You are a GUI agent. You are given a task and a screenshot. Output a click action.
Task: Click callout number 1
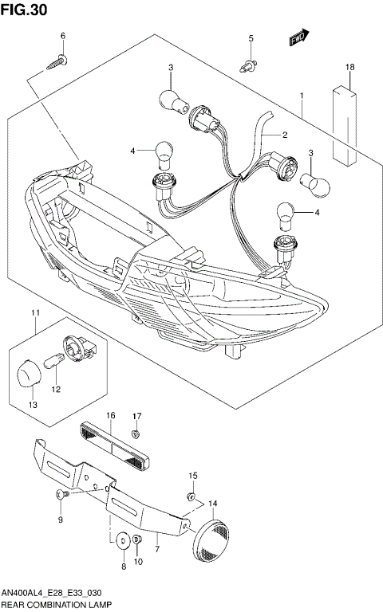pyautogui.click(x=302, y=96)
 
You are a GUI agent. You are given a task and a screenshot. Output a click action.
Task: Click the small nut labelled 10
pyautogui.click(x=137, y=543)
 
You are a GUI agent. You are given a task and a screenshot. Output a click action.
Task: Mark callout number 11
pyautogui.click(x=34, y=311)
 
